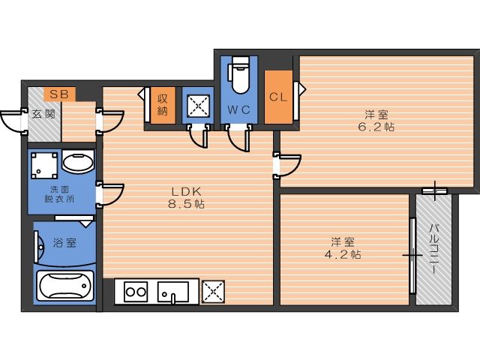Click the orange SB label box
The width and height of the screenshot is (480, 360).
(x=59, y=94)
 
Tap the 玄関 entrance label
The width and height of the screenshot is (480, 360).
(x=43, y=114)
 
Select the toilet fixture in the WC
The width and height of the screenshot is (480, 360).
(x=240, y=75)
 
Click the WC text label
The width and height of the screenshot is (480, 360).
(x=238, y=109)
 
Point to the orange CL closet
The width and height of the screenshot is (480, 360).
(x=278, y=97)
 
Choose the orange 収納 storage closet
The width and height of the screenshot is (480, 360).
(x=163, y=105)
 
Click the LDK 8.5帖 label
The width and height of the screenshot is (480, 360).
(x=186, y=197)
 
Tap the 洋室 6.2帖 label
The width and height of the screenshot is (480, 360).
(x=376, y=121)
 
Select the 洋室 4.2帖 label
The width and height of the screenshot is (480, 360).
(x=343, y=248)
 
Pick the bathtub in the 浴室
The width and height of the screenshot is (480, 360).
(x=65, y=286)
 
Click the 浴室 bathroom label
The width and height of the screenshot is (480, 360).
(x=64, y=243)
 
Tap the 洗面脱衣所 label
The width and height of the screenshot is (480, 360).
(x=59, y=194)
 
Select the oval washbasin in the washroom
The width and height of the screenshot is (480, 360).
(x=78, y=161)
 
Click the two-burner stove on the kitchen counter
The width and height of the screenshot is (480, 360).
(x=136, y=292)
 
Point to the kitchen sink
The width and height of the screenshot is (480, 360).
(x=173, y=292)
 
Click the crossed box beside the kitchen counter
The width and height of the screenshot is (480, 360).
(x=213, y=292)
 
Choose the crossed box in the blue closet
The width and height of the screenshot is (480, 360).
(x=198, y=106)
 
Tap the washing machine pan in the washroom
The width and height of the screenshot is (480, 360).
(x=44, y=165)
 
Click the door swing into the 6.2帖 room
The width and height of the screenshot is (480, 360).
(x=287, y=166)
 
